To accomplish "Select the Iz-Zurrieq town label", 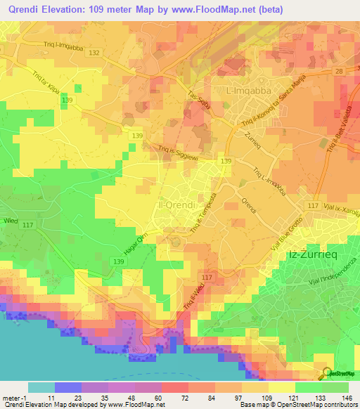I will point(314,255).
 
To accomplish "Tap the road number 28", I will point(339,72).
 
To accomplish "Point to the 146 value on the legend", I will point(345,398).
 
